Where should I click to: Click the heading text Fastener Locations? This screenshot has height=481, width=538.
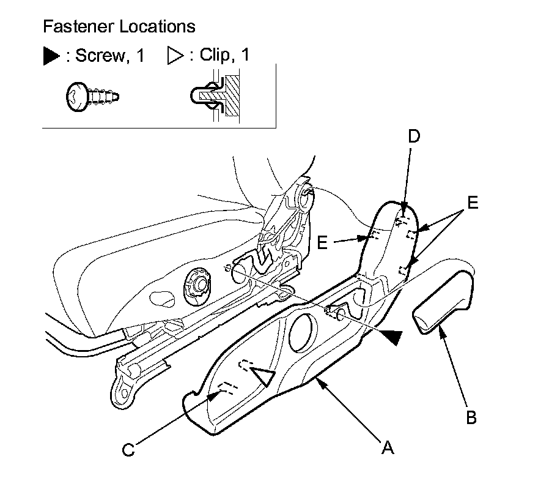119,27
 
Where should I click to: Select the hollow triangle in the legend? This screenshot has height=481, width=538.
175,56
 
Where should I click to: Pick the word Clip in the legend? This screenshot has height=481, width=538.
218,56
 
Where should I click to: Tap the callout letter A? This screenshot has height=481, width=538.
386,449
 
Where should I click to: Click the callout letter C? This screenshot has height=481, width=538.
128,450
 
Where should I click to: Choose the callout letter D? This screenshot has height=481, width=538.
414,136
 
